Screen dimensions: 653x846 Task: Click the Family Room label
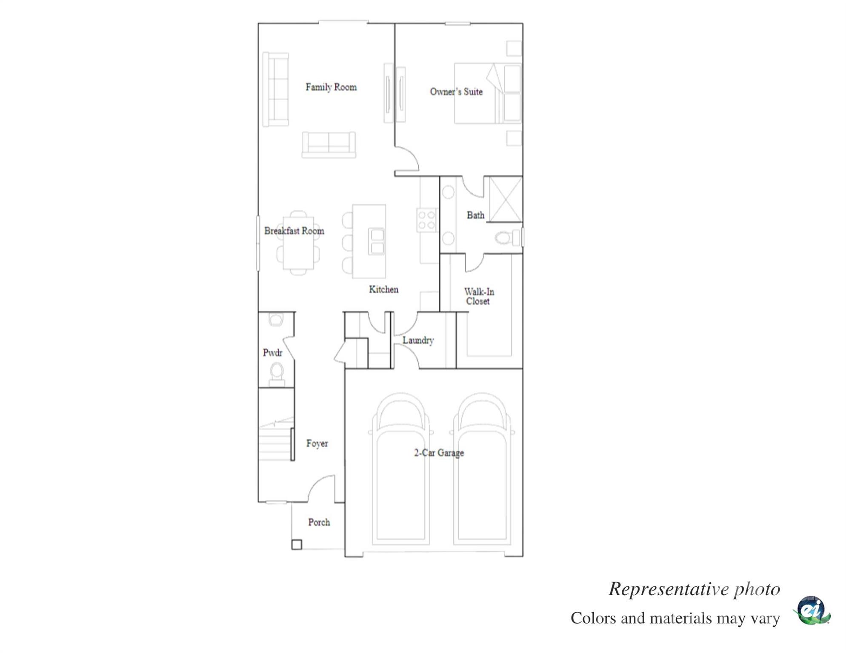331,87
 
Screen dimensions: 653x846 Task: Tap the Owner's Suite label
456,92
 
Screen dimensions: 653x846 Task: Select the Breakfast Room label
294,231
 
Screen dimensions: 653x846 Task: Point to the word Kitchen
383,290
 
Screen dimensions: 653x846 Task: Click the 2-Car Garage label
439,453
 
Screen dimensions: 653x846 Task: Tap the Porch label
319,522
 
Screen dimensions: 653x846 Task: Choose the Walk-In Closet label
478,296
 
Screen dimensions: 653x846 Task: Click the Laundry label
418,340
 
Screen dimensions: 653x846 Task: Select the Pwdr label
272,352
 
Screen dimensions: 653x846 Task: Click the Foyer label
317,443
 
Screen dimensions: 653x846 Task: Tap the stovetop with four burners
426,220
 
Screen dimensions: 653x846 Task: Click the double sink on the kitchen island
376,241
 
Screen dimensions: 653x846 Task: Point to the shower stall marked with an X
505,199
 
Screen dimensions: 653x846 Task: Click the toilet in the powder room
277,372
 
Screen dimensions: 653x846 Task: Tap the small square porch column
297,544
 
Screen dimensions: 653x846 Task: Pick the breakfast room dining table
298,243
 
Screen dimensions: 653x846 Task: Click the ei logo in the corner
811,611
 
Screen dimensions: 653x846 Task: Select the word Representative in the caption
669,589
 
